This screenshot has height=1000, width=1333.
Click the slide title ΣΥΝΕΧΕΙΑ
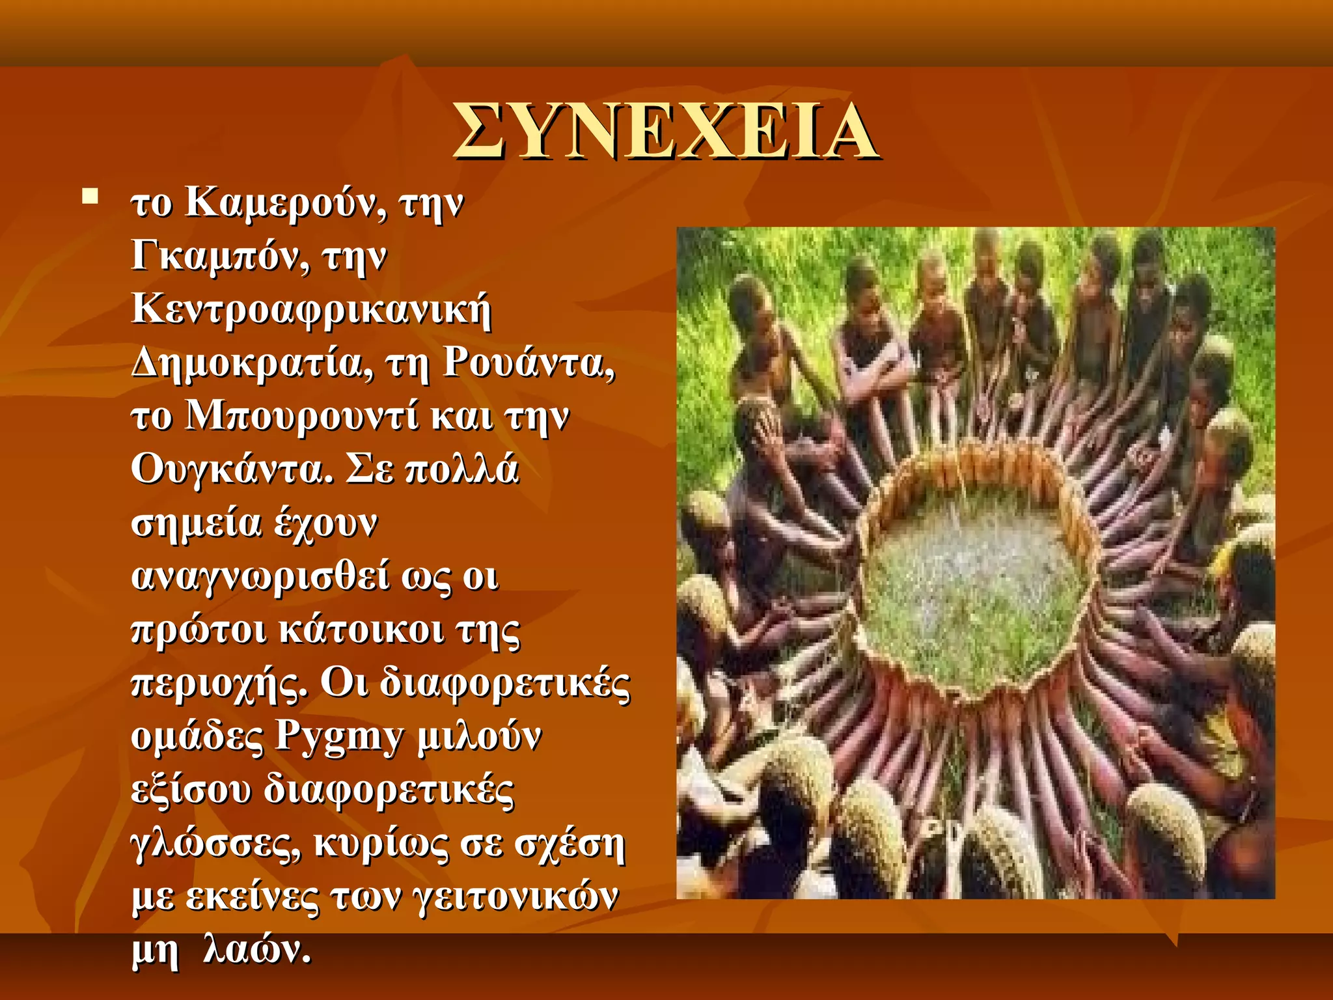(665, 131)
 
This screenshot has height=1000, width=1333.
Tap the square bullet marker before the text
(90, 196)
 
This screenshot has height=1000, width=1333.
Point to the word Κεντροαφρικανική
(311, 310)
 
